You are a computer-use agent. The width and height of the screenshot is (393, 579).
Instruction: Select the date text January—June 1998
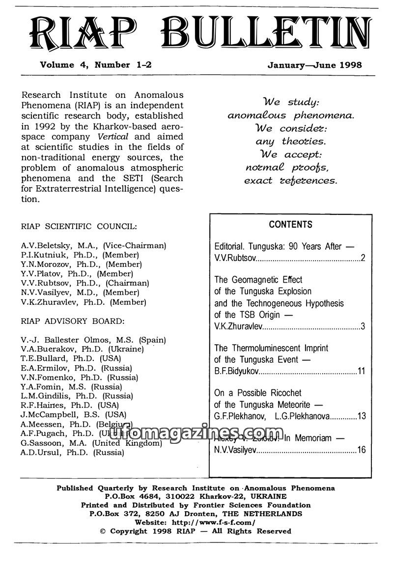point(314,64)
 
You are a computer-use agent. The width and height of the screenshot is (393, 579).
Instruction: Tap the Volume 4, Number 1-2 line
point(92,64)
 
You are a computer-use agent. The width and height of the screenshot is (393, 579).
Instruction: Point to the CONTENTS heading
point(290,225)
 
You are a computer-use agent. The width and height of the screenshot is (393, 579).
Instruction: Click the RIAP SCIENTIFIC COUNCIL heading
point(79,227)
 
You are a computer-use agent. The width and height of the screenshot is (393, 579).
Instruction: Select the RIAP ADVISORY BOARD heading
point(73,321)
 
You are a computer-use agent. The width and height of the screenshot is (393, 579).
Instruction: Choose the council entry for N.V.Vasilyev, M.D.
point(83,292)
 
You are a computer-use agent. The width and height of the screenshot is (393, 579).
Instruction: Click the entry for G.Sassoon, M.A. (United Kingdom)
point(91,443)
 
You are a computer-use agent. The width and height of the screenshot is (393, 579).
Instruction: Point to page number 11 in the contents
point(361,371)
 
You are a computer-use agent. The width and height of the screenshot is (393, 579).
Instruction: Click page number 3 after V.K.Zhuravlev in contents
point(363,325)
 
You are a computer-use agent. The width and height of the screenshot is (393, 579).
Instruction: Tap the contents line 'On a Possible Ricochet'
point(258,393)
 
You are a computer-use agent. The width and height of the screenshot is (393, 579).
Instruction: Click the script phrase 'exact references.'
point(291,180)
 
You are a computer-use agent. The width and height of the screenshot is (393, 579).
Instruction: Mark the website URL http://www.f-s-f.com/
point(215,522)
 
